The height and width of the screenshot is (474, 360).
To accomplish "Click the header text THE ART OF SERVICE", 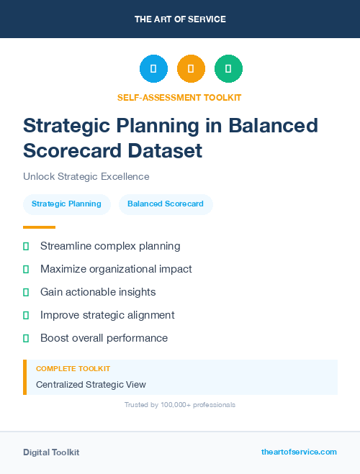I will (180, 19).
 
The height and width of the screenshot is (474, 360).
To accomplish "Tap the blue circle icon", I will (153, 68).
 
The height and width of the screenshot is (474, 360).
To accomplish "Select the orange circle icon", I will (191, 68).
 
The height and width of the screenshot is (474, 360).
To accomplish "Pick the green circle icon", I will (228, 68).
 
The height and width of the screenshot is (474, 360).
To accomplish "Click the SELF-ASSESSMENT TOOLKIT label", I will (179, 97).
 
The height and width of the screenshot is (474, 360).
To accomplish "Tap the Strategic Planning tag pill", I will (66, 204).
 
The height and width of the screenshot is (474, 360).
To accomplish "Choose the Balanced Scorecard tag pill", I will (166, 204).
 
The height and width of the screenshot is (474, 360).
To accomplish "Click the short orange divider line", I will (39, 227).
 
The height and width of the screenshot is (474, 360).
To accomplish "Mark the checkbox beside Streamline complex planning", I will (26, 246).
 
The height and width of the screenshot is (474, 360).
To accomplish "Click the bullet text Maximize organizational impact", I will (116, 269).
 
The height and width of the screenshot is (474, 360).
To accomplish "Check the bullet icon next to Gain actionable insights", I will (26, 292).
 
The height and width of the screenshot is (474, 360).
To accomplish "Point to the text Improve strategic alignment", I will (107, 315).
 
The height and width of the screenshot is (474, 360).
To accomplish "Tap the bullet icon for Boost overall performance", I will (26, 338).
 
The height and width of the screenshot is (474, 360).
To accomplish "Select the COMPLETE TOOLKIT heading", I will (73, 368).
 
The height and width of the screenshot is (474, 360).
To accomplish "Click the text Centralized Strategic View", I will (91, 385).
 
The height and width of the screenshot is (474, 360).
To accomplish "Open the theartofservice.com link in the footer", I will (299, 452).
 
